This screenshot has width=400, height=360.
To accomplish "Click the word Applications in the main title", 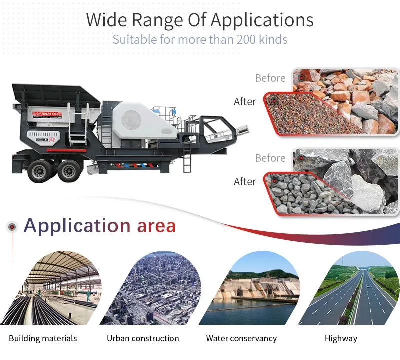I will click(x=262, y=20).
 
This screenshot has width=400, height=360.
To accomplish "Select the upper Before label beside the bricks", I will click(x=270, y=78).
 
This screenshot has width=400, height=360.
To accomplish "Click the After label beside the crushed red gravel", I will click(x=245, y=101).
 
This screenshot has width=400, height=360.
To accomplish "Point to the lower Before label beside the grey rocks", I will click(x=270, y=158).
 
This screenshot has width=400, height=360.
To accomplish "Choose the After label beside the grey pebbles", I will click(x=245, y=181).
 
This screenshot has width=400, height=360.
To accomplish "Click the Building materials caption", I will click(x=43, y=338).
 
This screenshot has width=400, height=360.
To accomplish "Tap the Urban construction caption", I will click(x=143, y=338).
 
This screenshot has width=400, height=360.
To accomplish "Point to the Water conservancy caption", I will click(x=241, y=338).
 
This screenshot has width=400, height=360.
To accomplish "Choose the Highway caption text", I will click(x=341, y=338).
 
